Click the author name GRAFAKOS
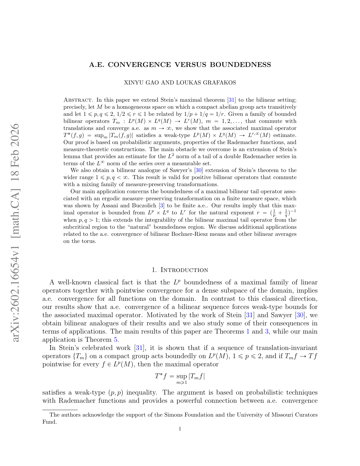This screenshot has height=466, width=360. coord(221,83)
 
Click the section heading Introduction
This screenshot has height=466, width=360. coord(184,270)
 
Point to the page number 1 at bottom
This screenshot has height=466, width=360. coord(180,429)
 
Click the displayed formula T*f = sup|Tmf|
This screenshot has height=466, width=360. coord(180,378)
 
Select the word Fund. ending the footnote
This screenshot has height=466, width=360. coord(49,422)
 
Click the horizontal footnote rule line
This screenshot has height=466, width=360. coord(60,410)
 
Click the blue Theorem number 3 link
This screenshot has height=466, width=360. coord(266,332)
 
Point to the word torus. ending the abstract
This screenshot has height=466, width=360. coord(89,241)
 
